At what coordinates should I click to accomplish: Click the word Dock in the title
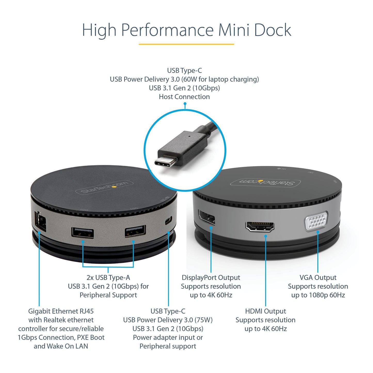click(273, 30)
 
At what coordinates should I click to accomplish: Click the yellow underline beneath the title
click(186, 44)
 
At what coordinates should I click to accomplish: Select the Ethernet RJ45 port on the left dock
click(41, 221)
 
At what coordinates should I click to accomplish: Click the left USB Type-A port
click(83, 233)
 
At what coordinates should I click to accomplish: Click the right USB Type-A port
click(135, 231)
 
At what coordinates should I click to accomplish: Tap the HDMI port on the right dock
click(260, 226)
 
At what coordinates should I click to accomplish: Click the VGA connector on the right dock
click(316, 221)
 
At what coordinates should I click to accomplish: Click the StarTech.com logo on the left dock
click(104, 187)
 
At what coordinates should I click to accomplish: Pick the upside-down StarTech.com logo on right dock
click(265, 182)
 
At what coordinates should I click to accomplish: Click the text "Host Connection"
click(184, 97)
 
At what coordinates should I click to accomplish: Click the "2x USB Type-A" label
click(108, 277)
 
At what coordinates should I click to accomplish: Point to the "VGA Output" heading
click(318, 277)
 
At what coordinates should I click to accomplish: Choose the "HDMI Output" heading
click(265, 311)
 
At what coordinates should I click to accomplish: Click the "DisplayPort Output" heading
click(211, 277)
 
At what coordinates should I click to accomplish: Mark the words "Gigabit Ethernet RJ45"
click(61, 311)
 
